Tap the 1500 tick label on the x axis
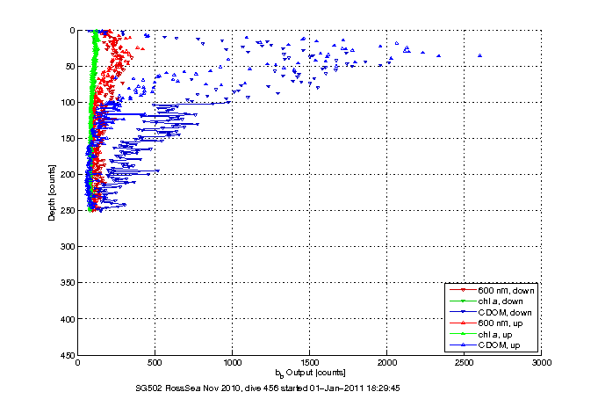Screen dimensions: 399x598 [310, 361]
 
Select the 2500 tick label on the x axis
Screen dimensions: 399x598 [465, 361]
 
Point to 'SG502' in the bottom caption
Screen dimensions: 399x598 [147, 387]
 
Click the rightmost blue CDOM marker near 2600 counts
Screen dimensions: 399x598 [479, 55]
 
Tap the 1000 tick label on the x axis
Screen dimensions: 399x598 [233, 361]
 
